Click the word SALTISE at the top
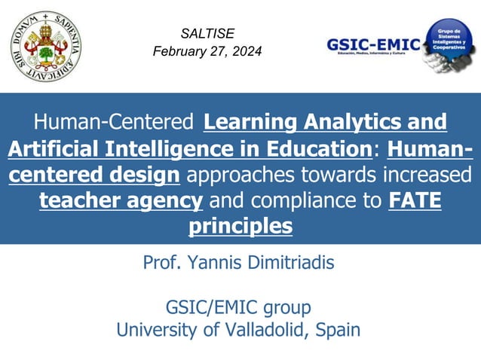[207, 33]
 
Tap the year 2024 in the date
[246, 52]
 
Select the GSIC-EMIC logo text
[372, 43]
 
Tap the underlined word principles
[240, 226]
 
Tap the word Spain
[339, 329]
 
